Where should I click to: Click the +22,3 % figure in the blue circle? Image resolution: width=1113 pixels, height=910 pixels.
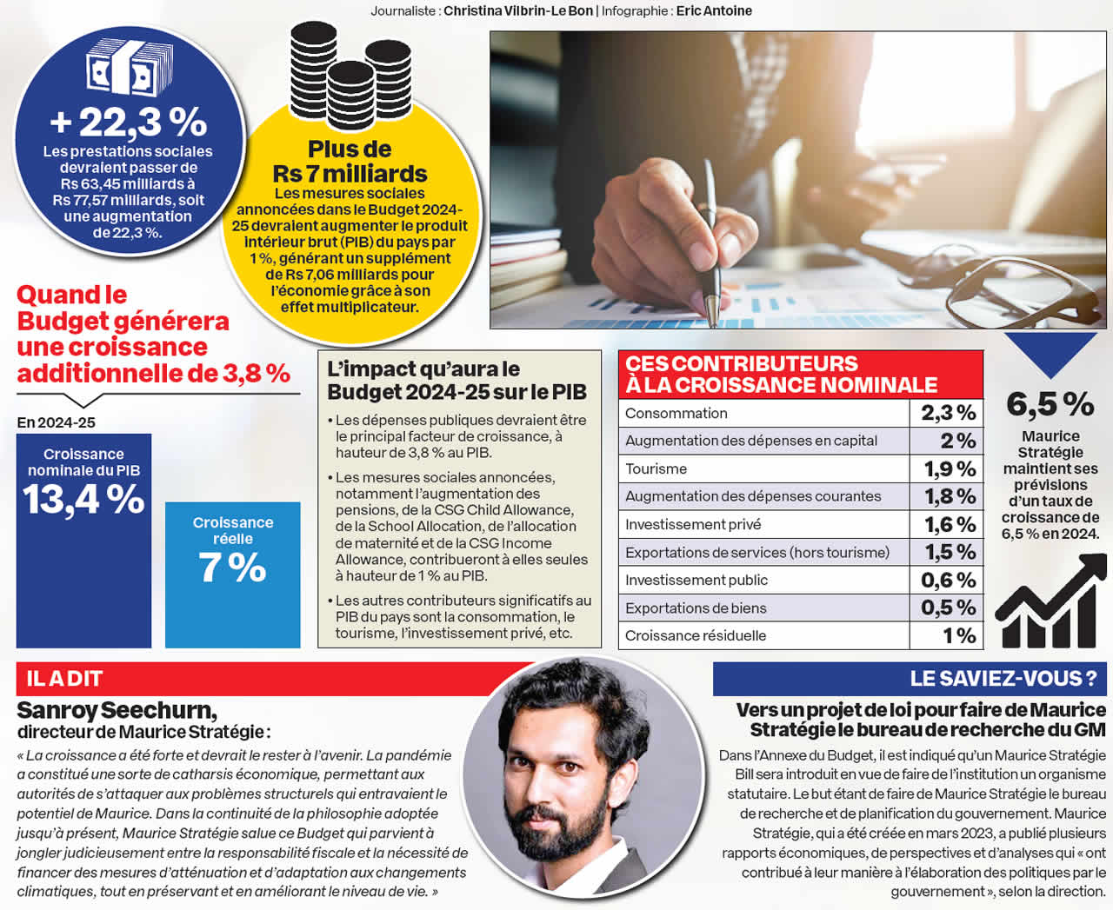129,122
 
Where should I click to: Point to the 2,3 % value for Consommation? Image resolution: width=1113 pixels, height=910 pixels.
948,413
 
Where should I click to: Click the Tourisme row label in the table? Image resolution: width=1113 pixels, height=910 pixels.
656,469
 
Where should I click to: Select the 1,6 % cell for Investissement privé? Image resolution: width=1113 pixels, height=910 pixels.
948,524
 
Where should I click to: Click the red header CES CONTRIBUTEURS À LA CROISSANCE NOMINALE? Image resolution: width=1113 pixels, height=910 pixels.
781,375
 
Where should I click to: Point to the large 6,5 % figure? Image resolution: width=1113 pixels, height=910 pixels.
1050,404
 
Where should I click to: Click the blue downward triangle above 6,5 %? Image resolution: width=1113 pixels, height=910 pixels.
1050,352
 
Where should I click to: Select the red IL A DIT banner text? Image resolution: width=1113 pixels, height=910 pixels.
64,679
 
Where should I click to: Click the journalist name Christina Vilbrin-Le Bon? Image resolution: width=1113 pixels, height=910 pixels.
518,11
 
